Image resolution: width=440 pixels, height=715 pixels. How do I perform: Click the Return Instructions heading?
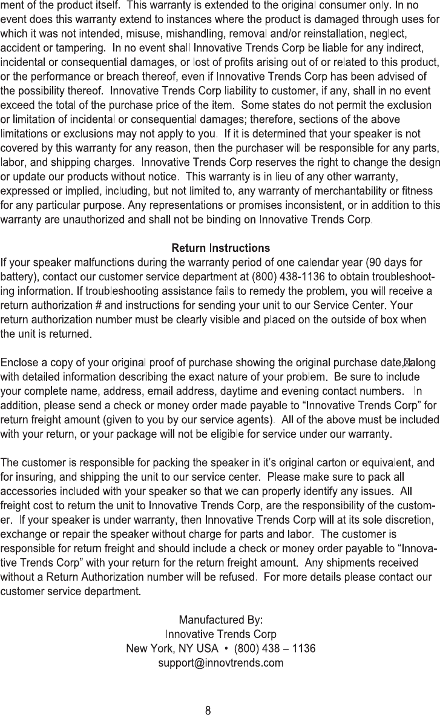(220, 248)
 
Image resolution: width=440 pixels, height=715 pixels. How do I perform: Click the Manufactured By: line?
(221, 621)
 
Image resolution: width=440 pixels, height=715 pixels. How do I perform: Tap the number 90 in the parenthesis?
(376, 263)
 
